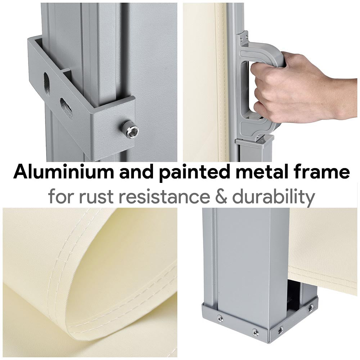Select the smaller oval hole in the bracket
click(67, 109)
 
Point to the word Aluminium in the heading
click(63, 171)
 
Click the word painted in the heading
click(194, 171)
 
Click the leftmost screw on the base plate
click(220, 318)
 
